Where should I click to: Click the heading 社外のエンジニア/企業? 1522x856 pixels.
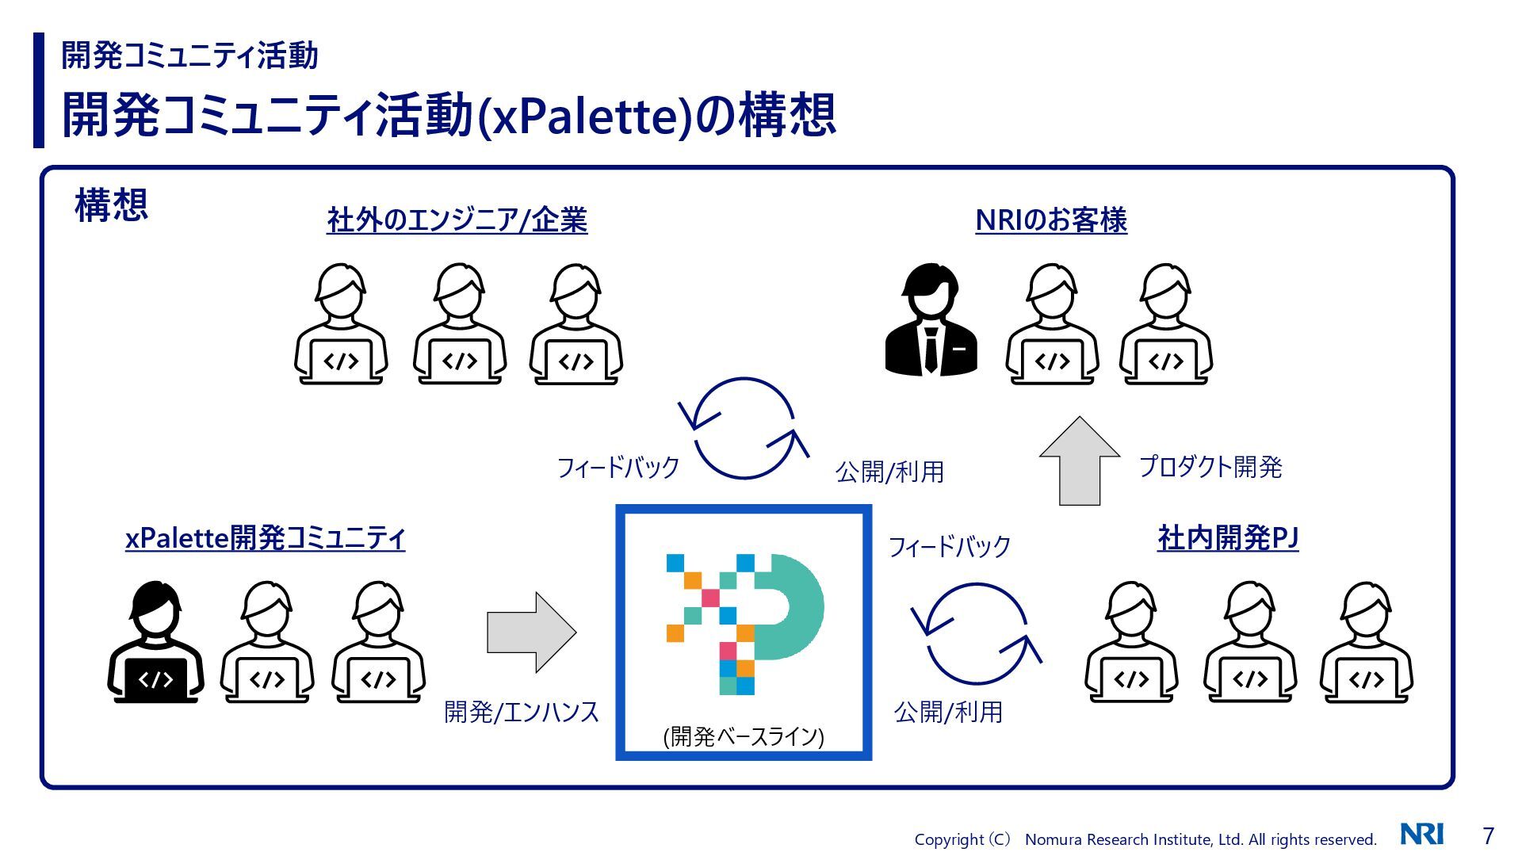[457, 220]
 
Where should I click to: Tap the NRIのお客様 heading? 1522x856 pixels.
[1050, 220]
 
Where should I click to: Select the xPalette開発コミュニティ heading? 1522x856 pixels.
[265, 538]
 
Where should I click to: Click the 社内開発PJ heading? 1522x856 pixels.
[1227, 538]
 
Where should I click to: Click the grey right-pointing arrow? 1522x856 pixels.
[530, 632]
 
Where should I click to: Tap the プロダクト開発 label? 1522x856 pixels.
[1210, 466]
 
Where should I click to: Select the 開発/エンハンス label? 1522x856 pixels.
[521, 712]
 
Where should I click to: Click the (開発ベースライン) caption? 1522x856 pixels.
[744, 736]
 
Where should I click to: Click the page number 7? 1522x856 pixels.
[1488, 835]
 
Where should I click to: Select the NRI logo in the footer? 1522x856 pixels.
[1422, 835]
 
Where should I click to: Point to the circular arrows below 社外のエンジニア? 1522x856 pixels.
[744, 428]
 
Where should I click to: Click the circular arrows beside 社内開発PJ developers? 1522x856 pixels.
[976, 633]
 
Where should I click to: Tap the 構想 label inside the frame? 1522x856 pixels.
[111, 204]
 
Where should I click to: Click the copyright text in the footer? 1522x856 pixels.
[1145, 839]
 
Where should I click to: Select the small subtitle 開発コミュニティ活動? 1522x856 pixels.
[189, 55]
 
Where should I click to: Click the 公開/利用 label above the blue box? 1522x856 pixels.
[889, 472]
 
